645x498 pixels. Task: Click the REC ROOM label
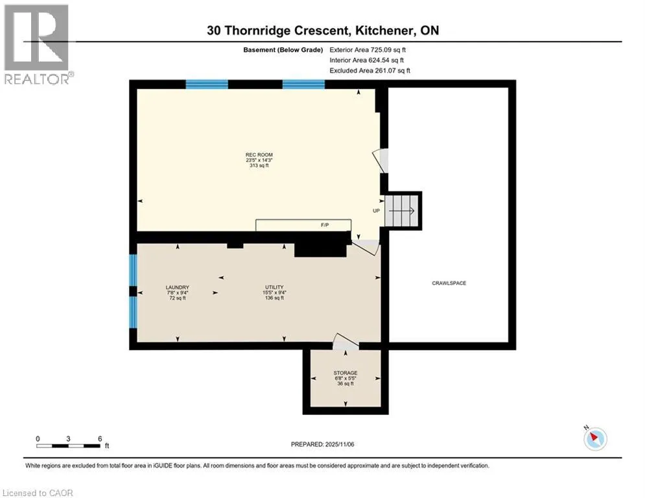tap(259, 155)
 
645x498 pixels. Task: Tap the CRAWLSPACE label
tap(449, 283)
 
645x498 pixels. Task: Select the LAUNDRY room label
tap(177, 287)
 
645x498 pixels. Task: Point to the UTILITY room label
tap(274, 287)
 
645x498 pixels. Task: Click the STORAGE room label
tap(346, 373)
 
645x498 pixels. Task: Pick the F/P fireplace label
tap(325, 225)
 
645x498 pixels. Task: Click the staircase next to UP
tap(401, 211)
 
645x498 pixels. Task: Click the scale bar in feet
tap(69, 445)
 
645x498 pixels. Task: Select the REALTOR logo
tap(36, 44)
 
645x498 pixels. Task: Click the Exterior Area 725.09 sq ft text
tap(368, 50)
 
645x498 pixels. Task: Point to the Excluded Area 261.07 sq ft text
tap(369, 71)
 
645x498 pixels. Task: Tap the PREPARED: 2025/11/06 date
tap(323, 444)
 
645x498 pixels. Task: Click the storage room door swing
tap(346, 342)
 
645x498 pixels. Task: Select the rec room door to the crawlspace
tap(381, 161)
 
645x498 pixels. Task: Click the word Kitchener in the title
tap(384, 30)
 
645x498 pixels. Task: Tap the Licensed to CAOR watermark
tap(38, 493)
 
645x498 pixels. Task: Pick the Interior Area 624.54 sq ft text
tap(366, 60)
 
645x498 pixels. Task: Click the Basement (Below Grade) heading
tap(283, 50)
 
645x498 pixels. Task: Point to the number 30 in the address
tap(214, 30)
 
